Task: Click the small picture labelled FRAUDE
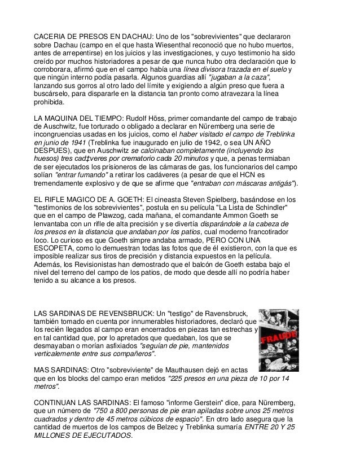coord(278,340)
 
